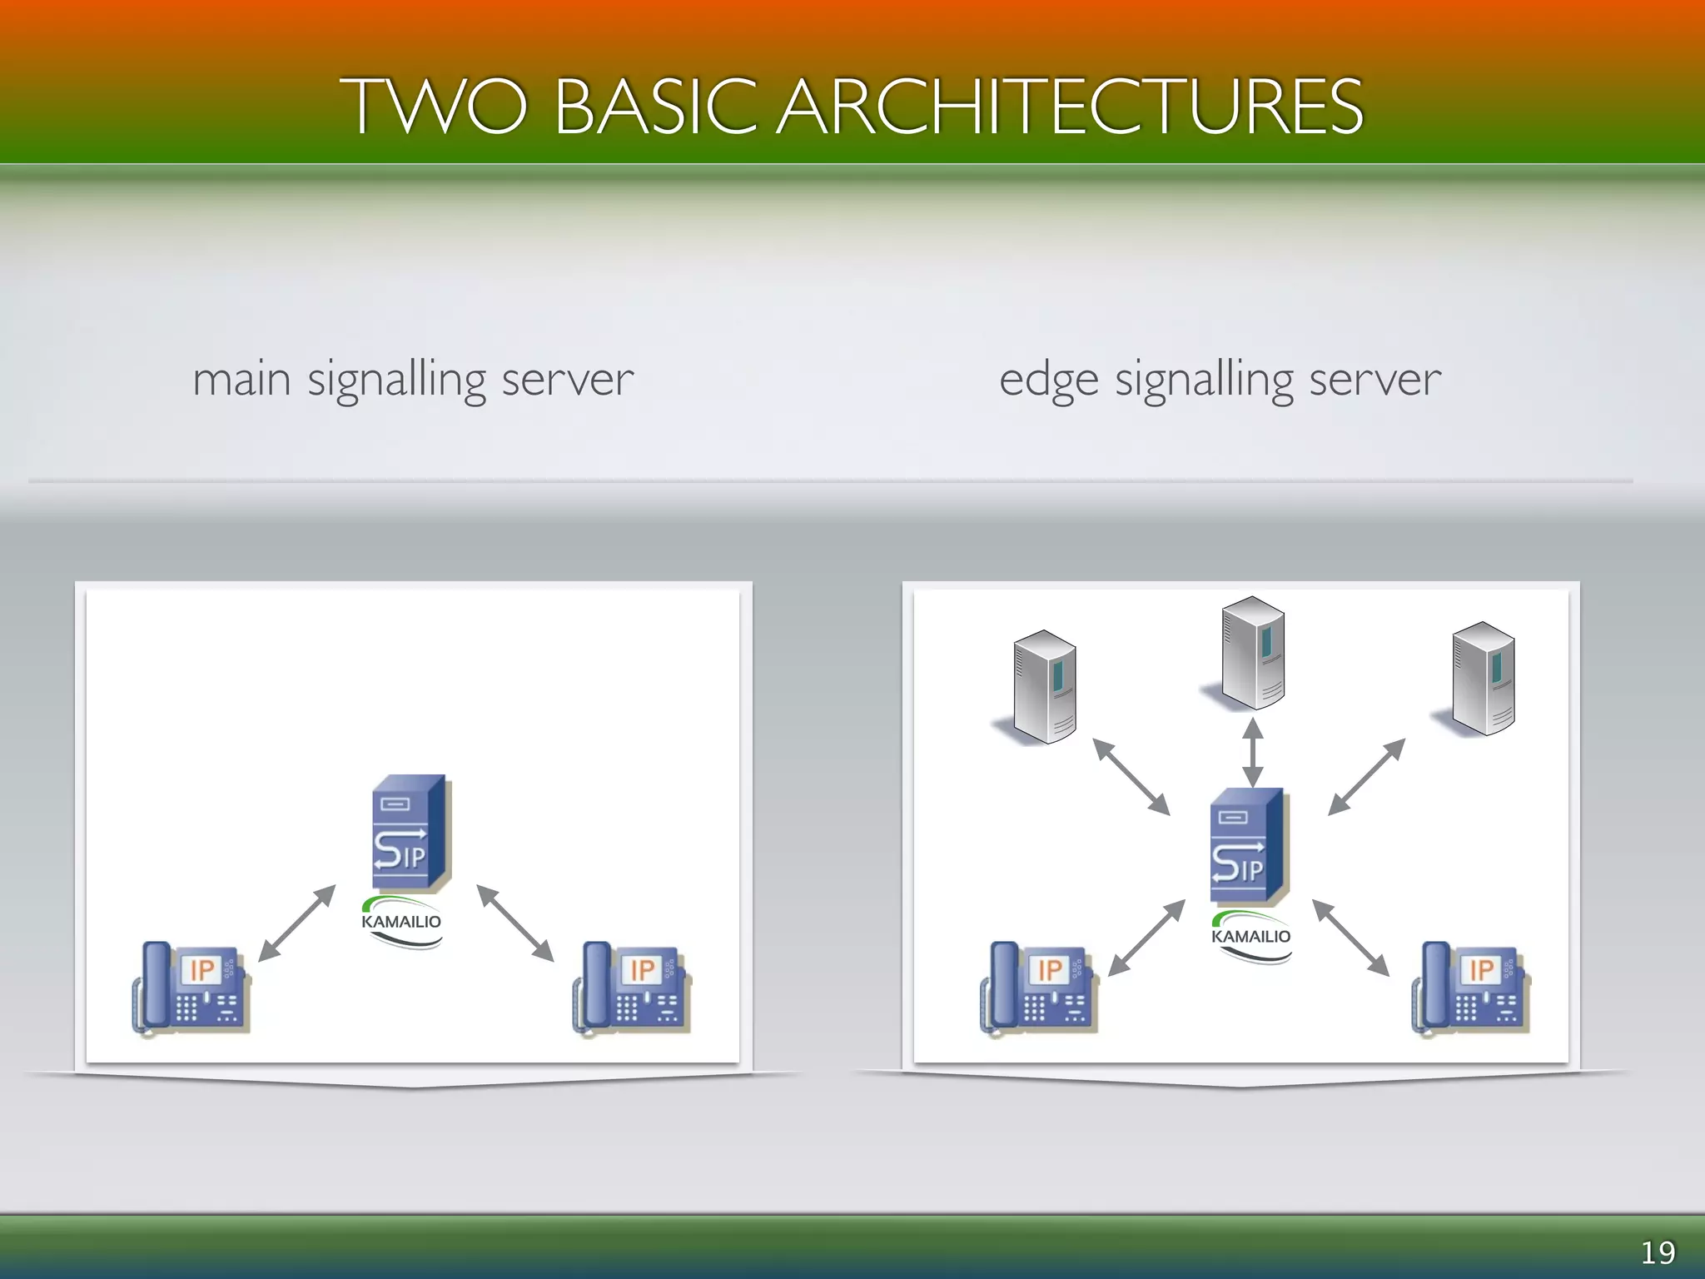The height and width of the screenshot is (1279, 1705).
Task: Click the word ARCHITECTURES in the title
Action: [1070, 106]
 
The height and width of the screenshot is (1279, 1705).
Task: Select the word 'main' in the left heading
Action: [241, 380]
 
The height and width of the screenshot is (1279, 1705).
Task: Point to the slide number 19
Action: [1657, 1252]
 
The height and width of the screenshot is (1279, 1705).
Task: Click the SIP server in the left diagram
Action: [410, 833]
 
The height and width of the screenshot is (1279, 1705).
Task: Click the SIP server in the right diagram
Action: [1249, 846]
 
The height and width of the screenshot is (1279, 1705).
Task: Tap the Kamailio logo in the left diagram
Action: [401, 922]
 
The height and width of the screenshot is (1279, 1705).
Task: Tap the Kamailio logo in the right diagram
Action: [1250, 937]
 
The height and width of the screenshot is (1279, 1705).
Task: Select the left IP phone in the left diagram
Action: [191, 988]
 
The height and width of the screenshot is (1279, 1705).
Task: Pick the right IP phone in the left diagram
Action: [632, 988]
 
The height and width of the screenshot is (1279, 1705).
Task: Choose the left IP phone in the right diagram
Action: [1039, 988]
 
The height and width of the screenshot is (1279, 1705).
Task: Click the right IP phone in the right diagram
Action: [1471, 988]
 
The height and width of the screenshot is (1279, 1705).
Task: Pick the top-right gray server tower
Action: [1483, 678]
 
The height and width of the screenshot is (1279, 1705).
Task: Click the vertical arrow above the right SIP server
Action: [1252, 752]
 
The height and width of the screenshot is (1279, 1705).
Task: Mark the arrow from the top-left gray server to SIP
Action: [1131, 776]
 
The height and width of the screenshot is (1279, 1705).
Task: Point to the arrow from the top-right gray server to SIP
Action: [1366, 776]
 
